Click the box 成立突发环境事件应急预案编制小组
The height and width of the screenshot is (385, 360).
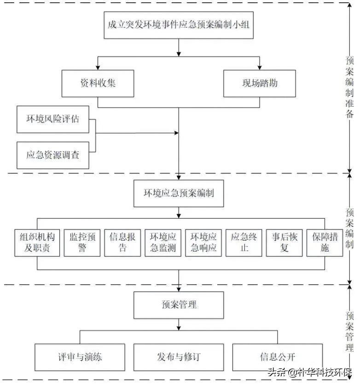179,25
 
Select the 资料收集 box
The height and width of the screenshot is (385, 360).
98,83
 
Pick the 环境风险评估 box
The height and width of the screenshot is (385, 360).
52,119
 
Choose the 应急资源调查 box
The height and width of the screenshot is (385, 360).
52,155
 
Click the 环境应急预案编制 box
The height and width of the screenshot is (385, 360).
179,193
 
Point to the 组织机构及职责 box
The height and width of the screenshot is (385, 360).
37,242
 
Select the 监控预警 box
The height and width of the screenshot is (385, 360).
82,242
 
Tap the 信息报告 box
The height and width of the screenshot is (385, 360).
122,242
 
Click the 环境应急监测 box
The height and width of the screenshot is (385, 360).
163,242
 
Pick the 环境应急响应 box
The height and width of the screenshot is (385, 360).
203,242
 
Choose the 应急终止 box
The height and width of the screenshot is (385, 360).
244,242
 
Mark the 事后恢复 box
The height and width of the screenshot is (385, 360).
284,242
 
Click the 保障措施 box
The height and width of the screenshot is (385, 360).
325,242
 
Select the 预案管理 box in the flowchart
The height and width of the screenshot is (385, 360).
179,305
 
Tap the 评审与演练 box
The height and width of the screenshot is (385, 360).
80,357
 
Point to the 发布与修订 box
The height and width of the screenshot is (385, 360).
179,357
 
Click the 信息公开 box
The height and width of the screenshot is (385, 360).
277,357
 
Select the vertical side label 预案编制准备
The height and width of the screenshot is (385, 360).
349,87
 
